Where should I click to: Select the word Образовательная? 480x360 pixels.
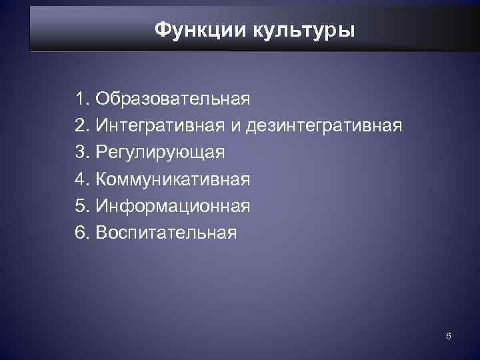(x=173, y=100)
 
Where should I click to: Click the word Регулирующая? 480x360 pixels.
(x=160, y=153)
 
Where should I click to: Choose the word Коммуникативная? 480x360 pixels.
(x=173, y=179)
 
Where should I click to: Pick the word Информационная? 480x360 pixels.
(x=173, y=206)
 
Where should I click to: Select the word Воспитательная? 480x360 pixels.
(x=165, y=233)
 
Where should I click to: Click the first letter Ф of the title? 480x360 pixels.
(x=162, y=30)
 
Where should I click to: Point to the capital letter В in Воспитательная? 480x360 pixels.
(x=101, y=233)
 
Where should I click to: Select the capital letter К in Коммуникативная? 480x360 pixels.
(x=102, y=179)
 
